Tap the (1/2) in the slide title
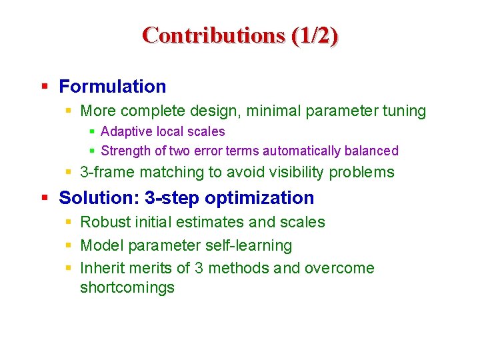click(314, 35)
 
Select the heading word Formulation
click(112, 87)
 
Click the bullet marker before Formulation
click(44, 86)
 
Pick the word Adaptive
click(123, 132)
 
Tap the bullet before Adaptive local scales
click(93, 132)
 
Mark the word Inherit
click(101, 268)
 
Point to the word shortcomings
click(127, 288)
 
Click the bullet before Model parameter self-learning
click(69, 245)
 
